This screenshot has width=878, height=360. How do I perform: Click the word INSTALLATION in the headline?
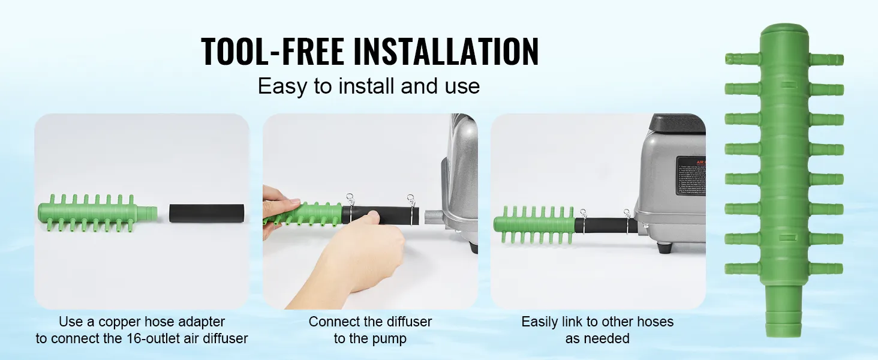[x=445, y=52]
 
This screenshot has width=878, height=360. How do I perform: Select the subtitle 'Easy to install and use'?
[x=369, y=86]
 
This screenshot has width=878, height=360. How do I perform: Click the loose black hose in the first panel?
[x=207, y=213]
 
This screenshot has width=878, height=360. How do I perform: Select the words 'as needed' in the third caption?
[x=597, y=338]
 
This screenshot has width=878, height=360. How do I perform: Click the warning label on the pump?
[x=690, y=179]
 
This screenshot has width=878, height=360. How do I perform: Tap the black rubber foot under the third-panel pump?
[x=663, y=247]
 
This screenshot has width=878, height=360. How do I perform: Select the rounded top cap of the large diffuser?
[x=784, y=32]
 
